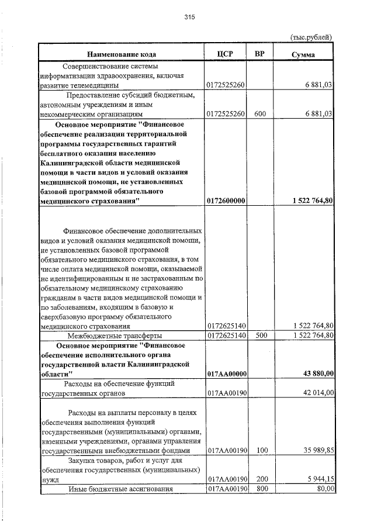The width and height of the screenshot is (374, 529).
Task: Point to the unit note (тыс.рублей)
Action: (311, 37)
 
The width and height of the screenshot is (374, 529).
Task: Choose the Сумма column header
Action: (303, 54)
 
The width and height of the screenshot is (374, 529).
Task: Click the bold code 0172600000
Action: (226, 200)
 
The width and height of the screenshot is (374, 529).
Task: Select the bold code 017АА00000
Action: (227, 374)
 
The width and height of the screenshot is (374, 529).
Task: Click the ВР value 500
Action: (261, 336)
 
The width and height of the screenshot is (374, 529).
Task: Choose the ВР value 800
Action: (261, 489)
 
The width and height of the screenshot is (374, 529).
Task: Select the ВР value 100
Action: (261, 451)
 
